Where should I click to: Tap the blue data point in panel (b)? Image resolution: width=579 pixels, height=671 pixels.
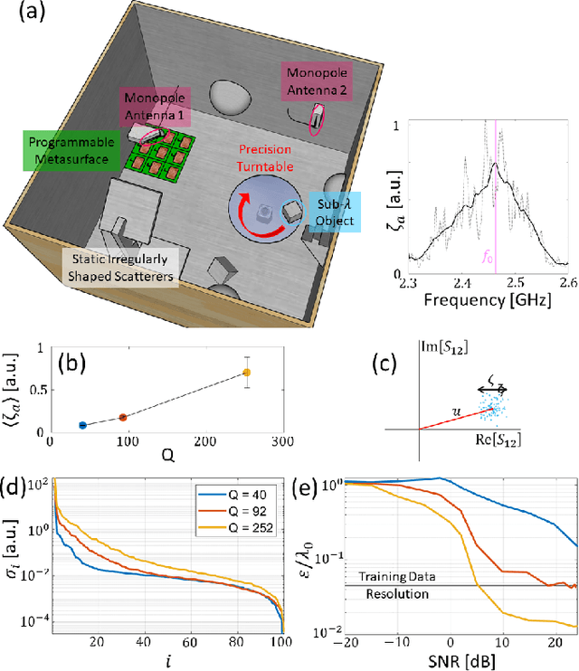click(82, 425)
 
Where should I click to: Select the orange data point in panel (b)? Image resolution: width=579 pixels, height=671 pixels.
click(122, 417)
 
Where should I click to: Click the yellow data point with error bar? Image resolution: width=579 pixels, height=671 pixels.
click(246, 373)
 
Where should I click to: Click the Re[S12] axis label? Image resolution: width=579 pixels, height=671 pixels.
click(499, 439)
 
